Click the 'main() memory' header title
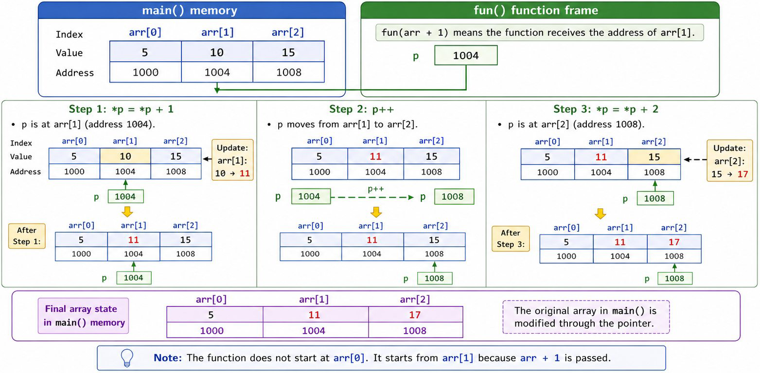(190, 11)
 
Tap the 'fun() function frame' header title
(536, 11)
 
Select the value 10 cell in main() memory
(217, 52)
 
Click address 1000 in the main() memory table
(145, 72)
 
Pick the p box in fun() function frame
(466, 55)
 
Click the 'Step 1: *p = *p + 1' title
(121, 109)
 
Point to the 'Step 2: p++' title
(362, 109)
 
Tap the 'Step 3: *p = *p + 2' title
(606, 109)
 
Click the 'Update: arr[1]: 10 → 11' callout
(232, 160)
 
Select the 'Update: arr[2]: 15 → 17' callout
(730, 161)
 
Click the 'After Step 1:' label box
(27, 236)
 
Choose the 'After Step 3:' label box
(511, 238)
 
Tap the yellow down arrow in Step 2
(376, 212)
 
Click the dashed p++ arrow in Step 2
(372, 197)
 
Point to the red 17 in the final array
(415, 315)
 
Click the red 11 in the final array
(314, 315)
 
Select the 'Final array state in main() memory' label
(84, 316)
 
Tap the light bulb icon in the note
(127, 358)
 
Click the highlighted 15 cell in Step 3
(654, 157)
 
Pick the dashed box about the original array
(586, 317)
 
